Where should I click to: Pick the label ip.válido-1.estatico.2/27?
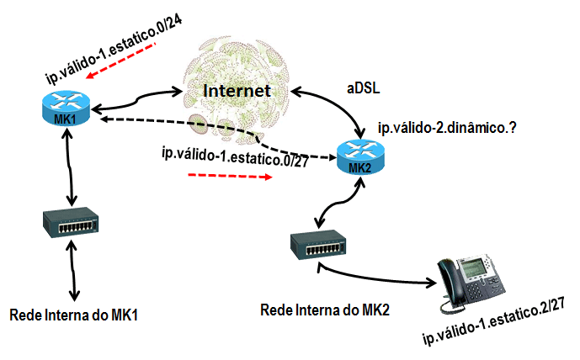click(x=491, y=326)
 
